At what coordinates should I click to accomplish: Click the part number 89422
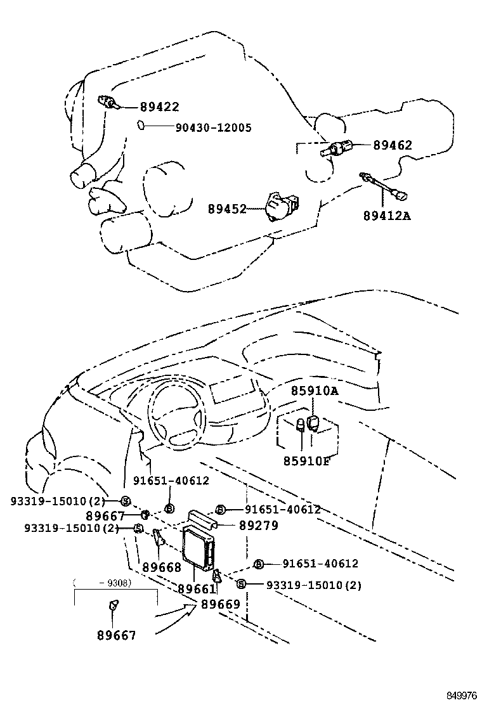(x=159, y=107)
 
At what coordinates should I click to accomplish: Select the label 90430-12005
(x=213, y=128)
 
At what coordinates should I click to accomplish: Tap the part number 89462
(x=392, y=145)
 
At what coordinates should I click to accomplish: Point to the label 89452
(x=226, y=209)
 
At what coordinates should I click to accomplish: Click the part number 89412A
(x=387, y=216)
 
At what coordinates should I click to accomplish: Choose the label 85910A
(x=315, y=391)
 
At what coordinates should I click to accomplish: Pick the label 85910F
(x=306, y=460)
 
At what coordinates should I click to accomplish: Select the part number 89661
(x=197, y=589)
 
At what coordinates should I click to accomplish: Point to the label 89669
(x=221, y=604)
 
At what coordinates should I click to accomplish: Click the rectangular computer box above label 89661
(x=199, y=545)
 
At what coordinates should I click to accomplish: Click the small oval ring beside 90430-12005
(x=141, y=126)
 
